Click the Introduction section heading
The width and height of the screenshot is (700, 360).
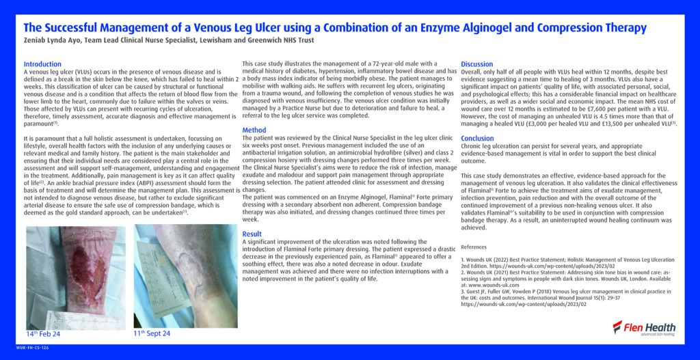coord(42,64)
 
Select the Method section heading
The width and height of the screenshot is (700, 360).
coord(254,130)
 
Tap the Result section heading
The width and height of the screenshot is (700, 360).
coord(252,234)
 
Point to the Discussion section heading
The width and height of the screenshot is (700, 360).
coord(477,64)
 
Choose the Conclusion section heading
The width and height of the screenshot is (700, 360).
coord(477,139)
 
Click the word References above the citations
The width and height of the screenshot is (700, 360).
coord(474,247)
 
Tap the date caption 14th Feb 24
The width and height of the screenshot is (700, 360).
coord(43,334)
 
